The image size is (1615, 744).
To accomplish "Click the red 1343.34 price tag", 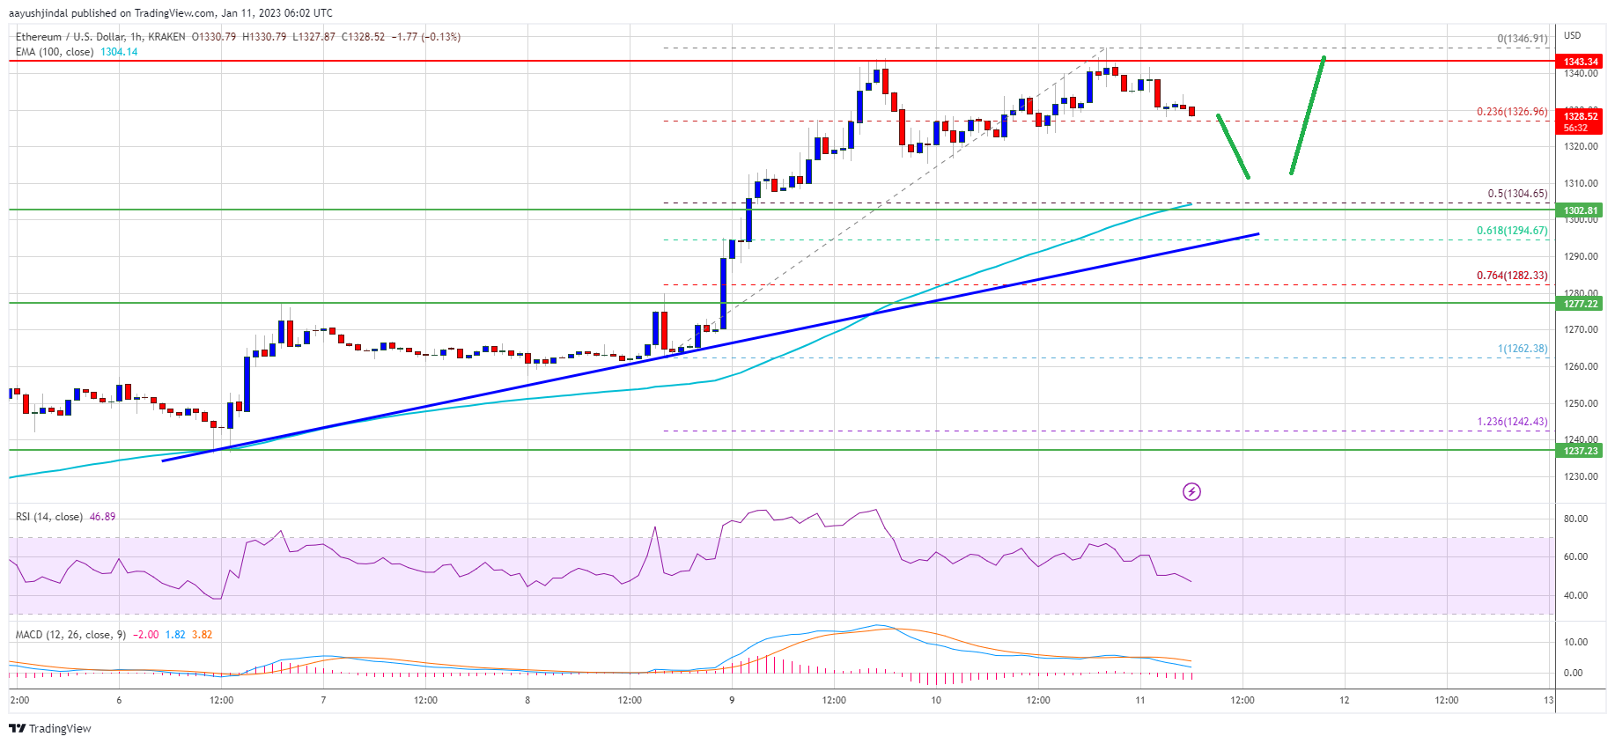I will click(1581, 62).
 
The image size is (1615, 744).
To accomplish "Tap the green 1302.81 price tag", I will click(1581, 210).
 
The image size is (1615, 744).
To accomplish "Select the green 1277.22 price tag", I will click(1581, 304).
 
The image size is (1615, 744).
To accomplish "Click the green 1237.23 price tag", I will click(1581, 451).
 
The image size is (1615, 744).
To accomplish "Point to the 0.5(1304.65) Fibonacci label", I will click(1516, 194).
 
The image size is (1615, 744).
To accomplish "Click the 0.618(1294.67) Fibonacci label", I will click(1511, 231).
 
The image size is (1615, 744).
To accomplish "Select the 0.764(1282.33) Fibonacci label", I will click(1511, 276).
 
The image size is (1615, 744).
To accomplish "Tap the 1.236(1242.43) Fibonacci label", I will click(1511, 422).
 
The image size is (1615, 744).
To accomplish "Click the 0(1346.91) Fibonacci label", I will click(1522, 39).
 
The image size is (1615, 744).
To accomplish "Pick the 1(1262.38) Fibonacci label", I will click(1522, 349).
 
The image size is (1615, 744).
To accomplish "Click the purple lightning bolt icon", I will click(1191, 491).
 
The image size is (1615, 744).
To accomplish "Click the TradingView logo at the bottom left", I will click(50, 728).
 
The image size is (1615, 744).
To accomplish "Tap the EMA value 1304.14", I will click(119, 52).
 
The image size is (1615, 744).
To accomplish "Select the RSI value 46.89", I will click(102, 517).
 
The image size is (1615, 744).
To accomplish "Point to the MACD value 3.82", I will click(202, 635).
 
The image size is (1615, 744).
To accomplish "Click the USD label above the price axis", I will click(1572, 35).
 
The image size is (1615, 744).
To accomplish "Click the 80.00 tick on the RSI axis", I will click(1575, 519).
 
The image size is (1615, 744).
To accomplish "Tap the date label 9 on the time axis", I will click(732, 701).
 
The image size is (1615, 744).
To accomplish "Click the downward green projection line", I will click(1233, 147).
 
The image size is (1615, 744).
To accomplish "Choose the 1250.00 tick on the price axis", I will click(1580, 403).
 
